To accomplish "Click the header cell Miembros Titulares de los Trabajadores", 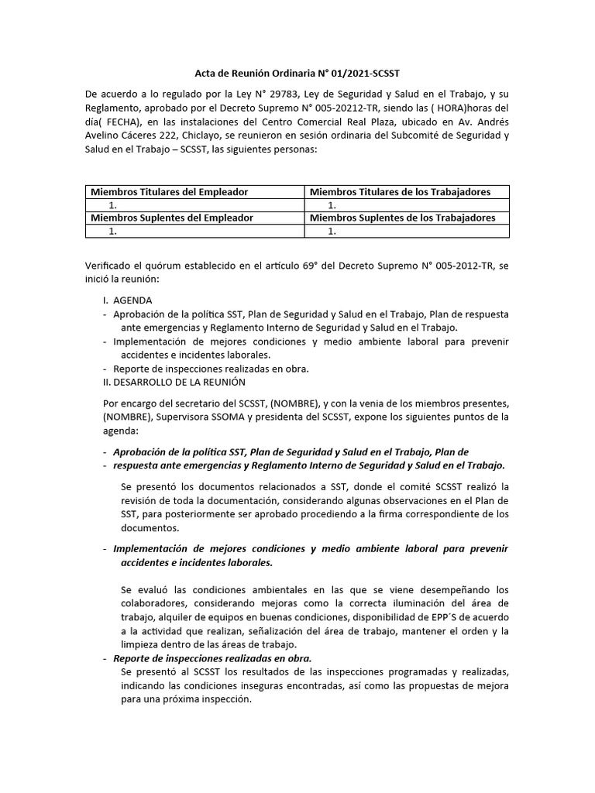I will pyautogui.click(x=400, y=191).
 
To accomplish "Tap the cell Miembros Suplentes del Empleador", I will pyautogui.click(x=172, y=218).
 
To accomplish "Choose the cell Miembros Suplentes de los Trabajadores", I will pyautogui.click(x=402, y=218).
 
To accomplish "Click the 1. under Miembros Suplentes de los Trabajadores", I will pyautogui.click(x=332, y=231).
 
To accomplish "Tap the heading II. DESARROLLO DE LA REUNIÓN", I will pyautogui.click(x=174, y=382).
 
